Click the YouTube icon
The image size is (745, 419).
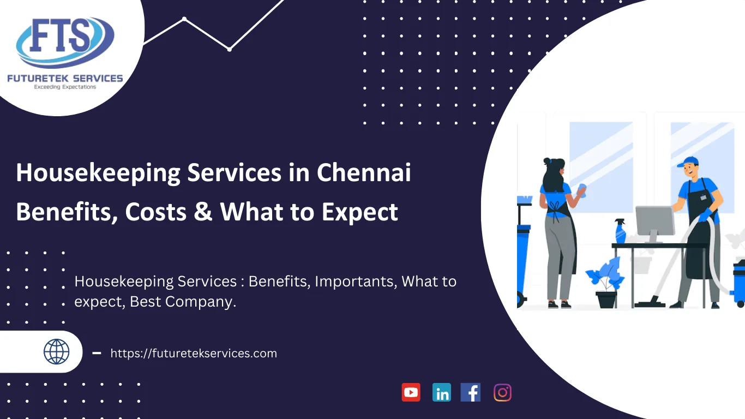click(411, 392)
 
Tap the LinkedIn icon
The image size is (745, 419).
click(441, 392)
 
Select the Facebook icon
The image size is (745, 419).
click(470, 392)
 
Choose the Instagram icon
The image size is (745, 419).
click(502, 393)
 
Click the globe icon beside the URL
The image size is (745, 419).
click(56, 352)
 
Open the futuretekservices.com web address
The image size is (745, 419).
click(194, 353)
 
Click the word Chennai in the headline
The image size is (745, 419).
click(364, 172)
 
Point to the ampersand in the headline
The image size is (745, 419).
click(203, 211)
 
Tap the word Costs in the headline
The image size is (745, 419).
click(155, 212)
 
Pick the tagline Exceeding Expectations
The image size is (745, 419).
click(65, 87)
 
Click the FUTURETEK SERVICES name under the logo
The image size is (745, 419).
click(65, 79)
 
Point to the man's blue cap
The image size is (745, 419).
click(688, 161)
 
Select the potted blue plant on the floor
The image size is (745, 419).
click(605, 283)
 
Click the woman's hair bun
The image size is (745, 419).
click(547, 161)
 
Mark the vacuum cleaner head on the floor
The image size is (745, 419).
click(650, 302)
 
